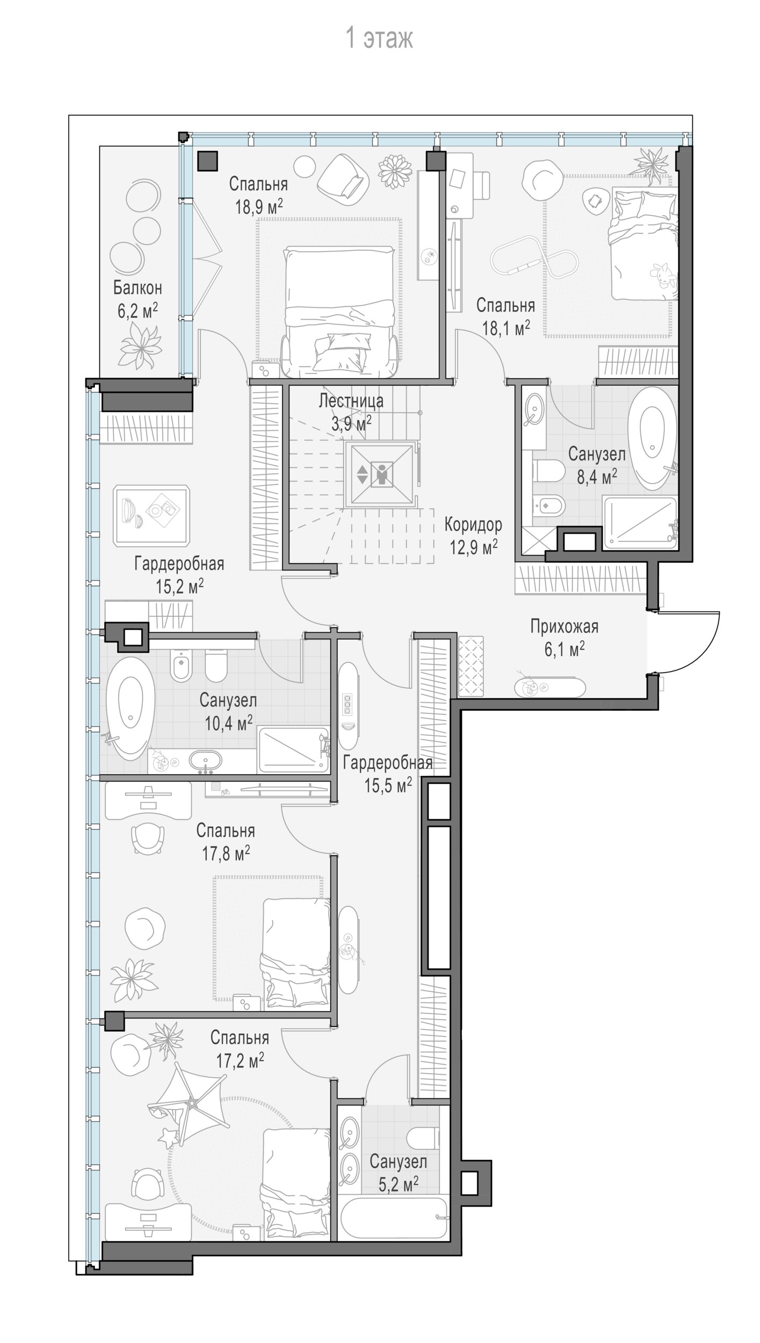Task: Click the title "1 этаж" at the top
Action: pos(379,39)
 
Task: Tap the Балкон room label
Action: pos(137,288)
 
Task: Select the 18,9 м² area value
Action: pos(259,206)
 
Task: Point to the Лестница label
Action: pos(351,401)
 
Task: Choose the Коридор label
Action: pos(473,524)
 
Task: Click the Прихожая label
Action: pos(564,626)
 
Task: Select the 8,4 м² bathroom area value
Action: pos(597,476)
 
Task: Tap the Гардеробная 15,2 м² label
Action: pos(179,574)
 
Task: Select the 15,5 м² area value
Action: pos(388,785)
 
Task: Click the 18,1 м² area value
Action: pos(506,328)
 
